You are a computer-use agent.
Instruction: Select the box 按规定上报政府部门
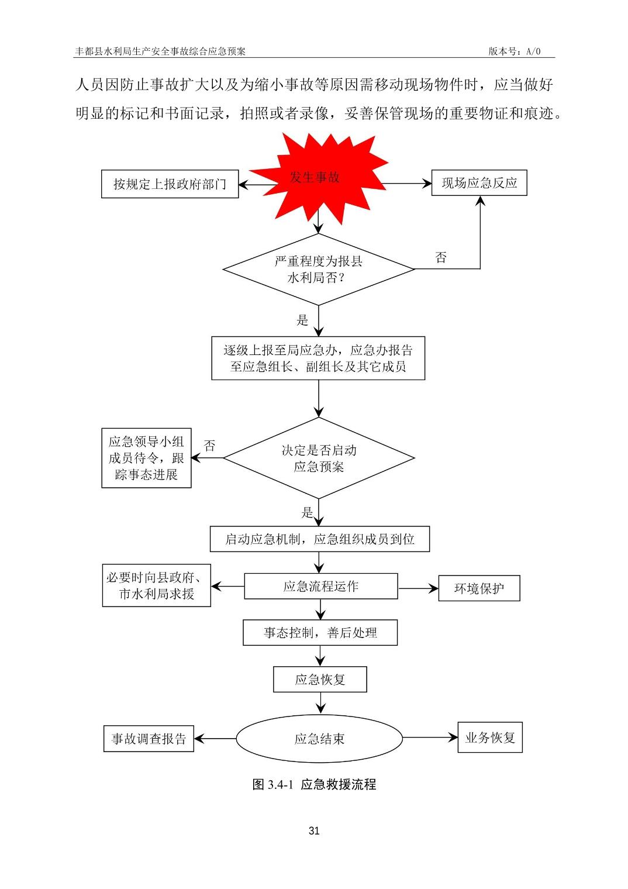click(170, 184)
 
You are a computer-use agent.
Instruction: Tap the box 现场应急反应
click(479, 183)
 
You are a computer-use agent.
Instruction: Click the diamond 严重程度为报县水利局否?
click(319, 270)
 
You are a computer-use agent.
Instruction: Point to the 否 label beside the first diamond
click(441, 258)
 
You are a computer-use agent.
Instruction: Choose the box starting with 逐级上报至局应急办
click(318, 359)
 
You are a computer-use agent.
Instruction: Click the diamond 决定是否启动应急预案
click(319, 459)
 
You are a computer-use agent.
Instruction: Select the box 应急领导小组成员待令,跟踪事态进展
click(146, 458)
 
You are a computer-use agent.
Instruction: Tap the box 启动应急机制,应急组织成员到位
click(319, 539)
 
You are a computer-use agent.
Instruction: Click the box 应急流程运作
click(320, 587)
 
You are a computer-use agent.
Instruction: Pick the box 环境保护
click(479, 589)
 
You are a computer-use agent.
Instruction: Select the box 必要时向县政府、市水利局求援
click(156, 586)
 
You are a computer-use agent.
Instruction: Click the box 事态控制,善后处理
click(320, 633)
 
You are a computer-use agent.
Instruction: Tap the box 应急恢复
click(320, 680)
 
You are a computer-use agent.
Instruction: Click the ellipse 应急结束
click(319, 739)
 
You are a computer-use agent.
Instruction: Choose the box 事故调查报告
click(149, 739)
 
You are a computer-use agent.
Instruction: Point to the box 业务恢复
click(489, 738)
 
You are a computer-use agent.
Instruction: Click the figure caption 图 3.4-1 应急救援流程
click(314, 785)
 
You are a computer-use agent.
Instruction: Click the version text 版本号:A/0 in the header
click(515, 51)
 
